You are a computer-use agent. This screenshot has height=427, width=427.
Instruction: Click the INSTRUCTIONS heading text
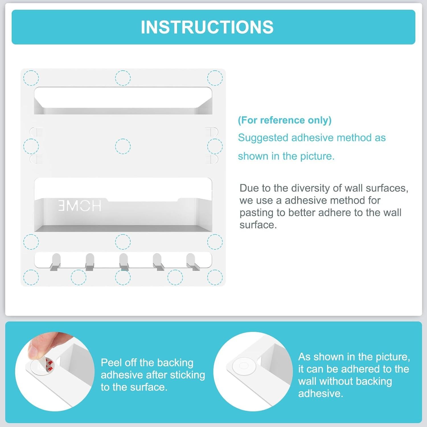coord(207,27)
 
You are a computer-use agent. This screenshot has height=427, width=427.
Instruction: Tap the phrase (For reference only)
coord(285,120)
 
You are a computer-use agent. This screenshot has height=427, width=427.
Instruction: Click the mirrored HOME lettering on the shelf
coord(80,206)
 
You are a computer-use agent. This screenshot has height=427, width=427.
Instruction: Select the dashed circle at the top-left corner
coord(31,78)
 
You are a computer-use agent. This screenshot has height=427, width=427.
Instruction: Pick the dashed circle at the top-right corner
coord(215,78)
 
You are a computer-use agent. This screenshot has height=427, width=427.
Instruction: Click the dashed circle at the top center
coord(123,78)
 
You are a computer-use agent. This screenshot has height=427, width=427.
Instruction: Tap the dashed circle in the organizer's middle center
coord(123,146)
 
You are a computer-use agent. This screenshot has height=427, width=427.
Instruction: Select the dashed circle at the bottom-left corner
coord(31,277)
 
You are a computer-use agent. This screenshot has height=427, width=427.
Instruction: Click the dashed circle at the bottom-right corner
coord(215,277)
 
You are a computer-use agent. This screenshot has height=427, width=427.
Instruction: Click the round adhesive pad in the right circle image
coord(243,366)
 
